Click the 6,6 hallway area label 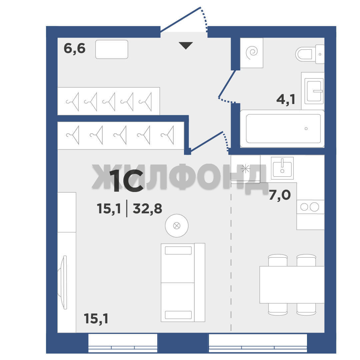tap(74, 48)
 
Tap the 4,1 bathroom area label tap(286, 99)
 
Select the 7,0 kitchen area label tap(280, 195)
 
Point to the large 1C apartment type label tap(127, 181)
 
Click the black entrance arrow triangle tap(186, 45)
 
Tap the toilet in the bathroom tap(310, 54)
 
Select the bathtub tap(282, 129)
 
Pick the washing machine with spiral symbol tap(251, 53)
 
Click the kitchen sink tap(282, 168)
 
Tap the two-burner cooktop tap(310, 207)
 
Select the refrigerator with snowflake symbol tap(245, 169)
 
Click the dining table tap(292, 285)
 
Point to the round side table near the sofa tap(177, 226)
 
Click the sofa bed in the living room tap(183, 282)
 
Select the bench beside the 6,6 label tap(112, 49)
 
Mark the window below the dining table tap(258, 343)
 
